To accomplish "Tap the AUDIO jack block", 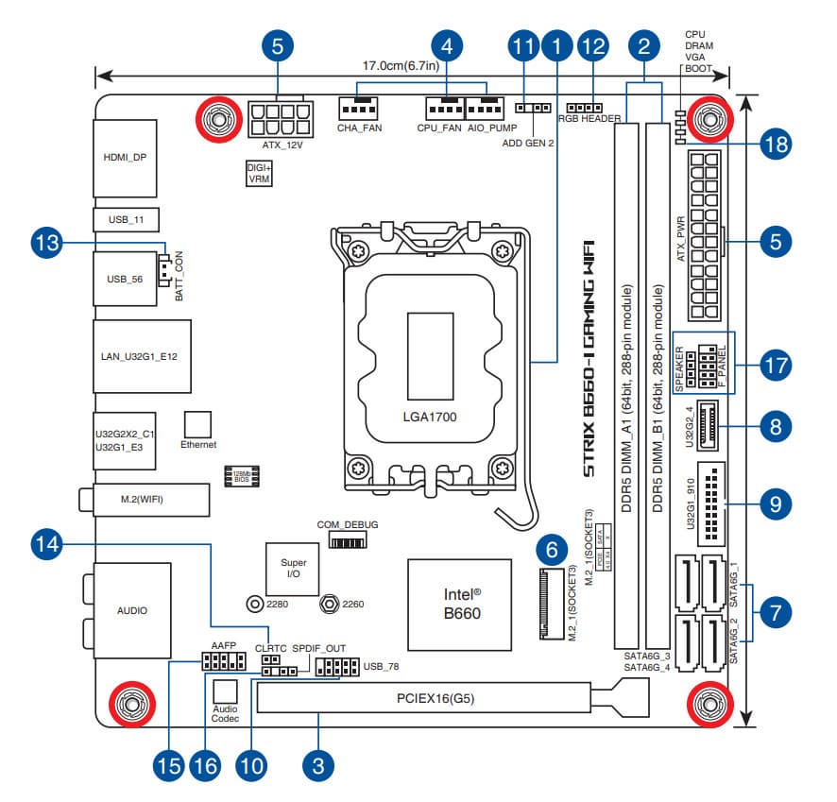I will pos(131,610).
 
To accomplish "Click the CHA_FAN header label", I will pos(359,127).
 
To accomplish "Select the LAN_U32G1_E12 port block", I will pos(142,357).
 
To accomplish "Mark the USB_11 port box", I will pos(126,220).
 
